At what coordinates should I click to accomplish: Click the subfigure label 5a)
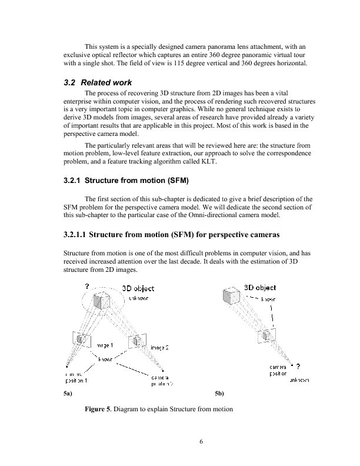tap(68, 392)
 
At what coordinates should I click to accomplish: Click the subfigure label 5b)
tap(220, 392)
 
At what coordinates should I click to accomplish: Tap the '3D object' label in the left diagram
tap(138, 288)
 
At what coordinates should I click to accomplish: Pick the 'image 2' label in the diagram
tap(159, 348)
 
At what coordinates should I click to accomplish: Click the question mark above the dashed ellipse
tap(86, 285)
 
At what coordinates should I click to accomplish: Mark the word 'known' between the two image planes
tap(106, 358)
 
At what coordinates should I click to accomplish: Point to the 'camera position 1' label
tap(75, 376)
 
